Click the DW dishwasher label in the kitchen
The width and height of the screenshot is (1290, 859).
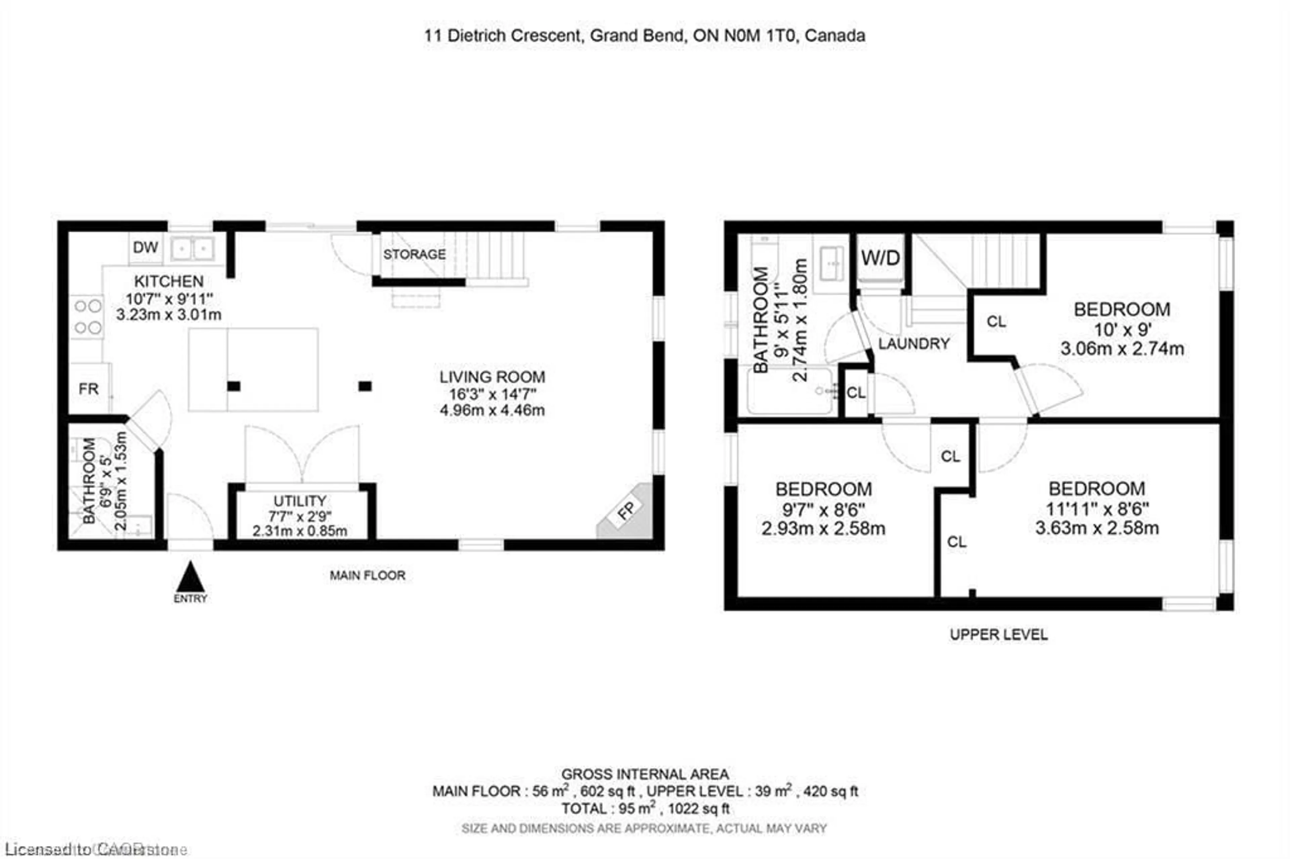145,247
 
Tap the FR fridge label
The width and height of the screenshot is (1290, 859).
88,389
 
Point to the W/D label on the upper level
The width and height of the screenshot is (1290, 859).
880,258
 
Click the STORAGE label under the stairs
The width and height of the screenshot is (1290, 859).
414,254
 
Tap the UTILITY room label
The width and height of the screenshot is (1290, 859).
300,501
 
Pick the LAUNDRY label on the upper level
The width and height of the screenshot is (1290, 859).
913,344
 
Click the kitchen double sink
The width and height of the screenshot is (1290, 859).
192,249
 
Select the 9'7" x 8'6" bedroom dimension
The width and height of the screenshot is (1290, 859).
823,509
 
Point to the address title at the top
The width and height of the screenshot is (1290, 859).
644,36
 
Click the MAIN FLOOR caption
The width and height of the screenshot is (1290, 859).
367,575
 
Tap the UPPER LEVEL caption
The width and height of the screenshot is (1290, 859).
998,634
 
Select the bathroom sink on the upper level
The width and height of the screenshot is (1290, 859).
831,264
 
